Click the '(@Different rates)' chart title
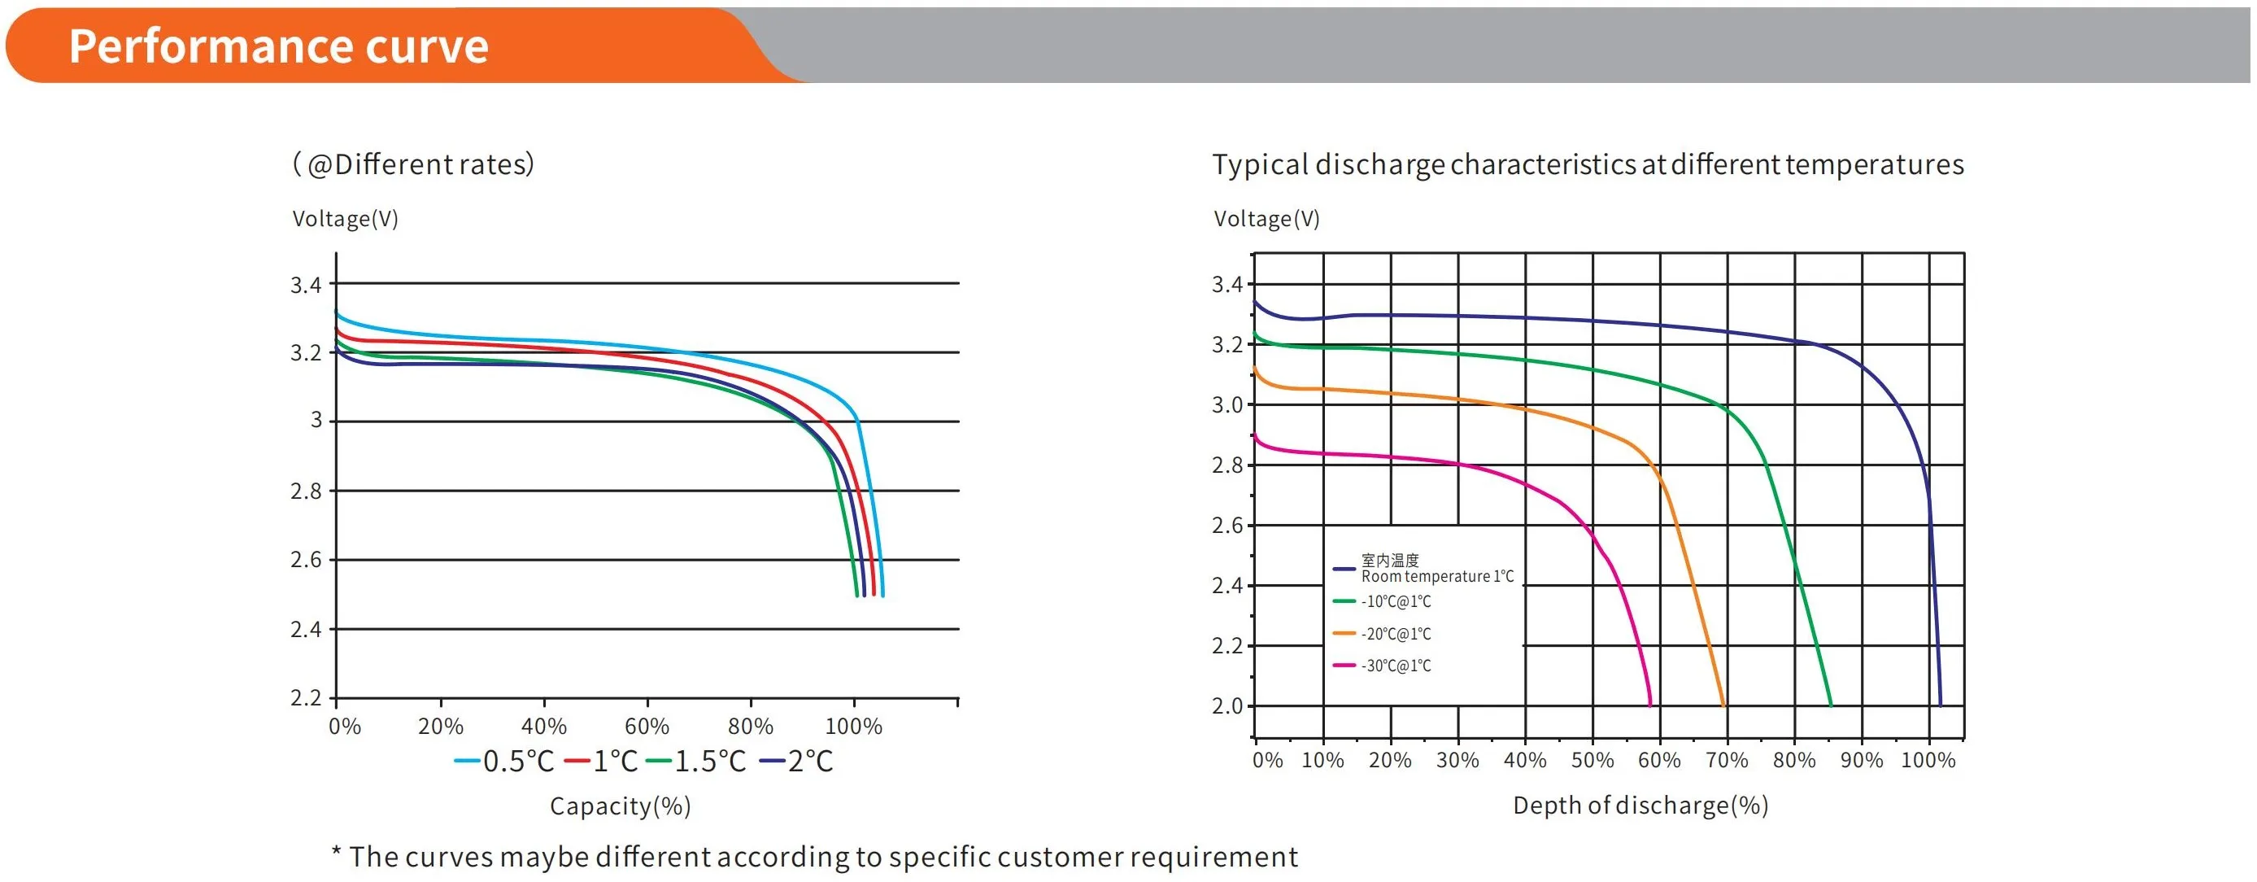[x=412, y=164]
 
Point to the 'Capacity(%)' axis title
[x=621, y=806]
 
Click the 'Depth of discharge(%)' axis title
[x=1640, y=805]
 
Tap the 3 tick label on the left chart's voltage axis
[x=316, y=420]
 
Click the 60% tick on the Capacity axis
[x=647, y=726]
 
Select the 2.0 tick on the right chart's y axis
[x=1227, y=705]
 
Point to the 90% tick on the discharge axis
[x=1861, y=760]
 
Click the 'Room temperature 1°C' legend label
[x=1437, y=576]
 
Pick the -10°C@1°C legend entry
[x=1396, y=601]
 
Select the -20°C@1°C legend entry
[x=1396, y=634]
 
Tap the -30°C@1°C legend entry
[x=1396, y=666]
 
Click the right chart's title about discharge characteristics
[x=1588, y=164]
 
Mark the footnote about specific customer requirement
[x=815, y=857]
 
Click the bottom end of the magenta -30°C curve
[x=1649, y=704]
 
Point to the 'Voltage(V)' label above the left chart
[x=345, y=218]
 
